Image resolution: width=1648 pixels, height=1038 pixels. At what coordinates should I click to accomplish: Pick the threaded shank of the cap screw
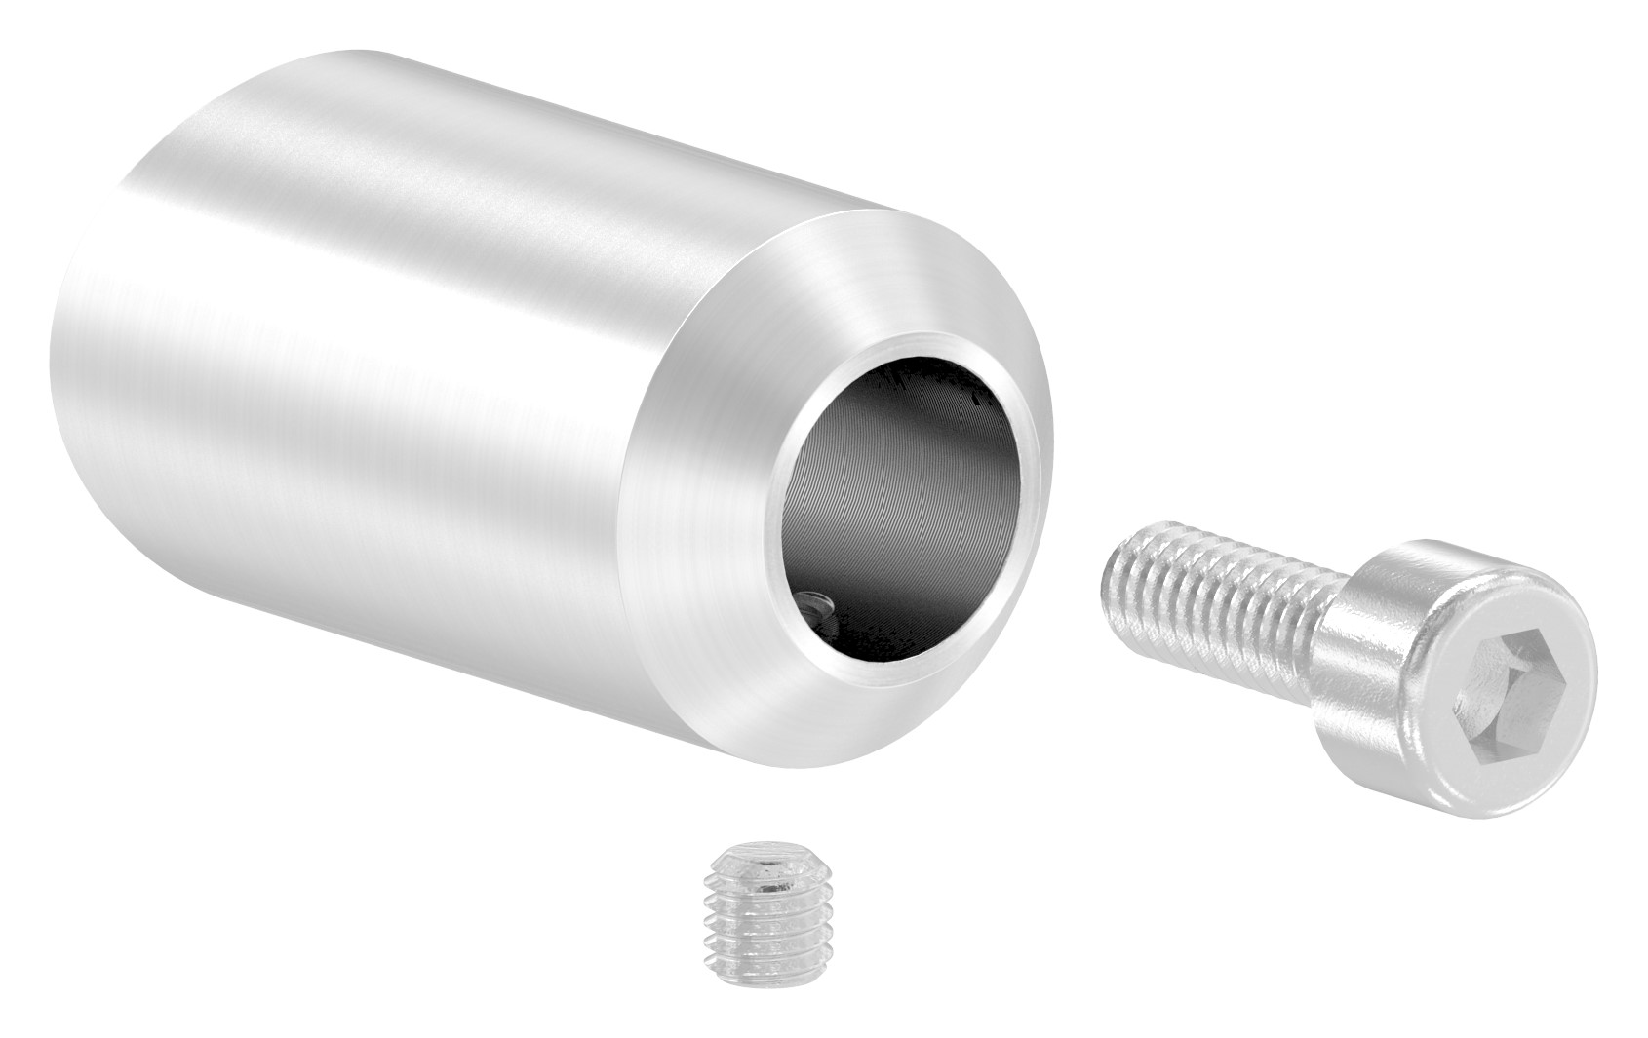click(x=1219, y=585)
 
